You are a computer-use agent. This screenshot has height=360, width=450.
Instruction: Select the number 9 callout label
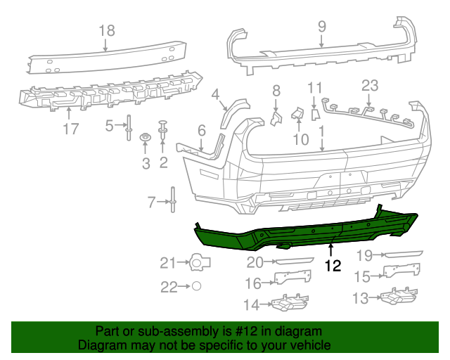321,26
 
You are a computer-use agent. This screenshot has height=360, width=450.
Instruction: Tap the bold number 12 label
332,266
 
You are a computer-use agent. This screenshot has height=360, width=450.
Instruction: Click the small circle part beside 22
197,286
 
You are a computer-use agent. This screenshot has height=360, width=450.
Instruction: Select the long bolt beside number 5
129,127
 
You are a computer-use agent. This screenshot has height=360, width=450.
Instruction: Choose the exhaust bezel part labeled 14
288,304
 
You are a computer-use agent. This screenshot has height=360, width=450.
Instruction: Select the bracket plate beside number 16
292,276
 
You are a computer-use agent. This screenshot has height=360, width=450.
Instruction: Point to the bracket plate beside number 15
401,271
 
